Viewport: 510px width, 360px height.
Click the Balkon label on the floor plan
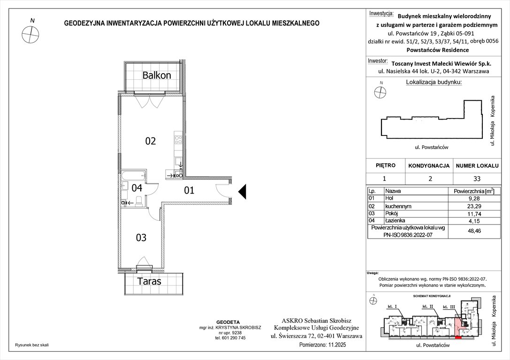click(x=157, y=75)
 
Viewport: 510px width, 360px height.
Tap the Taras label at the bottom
click(x=149, y=281)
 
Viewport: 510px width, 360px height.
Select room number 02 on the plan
click(x=150, y=141)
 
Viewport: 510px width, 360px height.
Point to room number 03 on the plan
click(x=141, y=238)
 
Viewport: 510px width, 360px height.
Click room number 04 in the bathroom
click(x=137, y=188)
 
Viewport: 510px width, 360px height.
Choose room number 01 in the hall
click(x=189, y=190)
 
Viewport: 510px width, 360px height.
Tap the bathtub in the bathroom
click(x=134, y=176)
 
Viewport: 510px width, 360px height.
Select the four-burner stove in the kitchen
click(x=178, y=139)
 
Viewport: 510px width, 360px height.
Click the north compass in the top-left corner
click(x=30, y=33)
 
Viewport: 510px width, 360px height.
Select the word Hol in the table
click(x=389, y=198)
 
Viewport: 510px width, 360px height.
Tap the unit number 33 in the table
click(x=477, y=179)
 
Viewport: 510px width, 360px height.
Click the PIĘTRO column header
click(x=386, y=165)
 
